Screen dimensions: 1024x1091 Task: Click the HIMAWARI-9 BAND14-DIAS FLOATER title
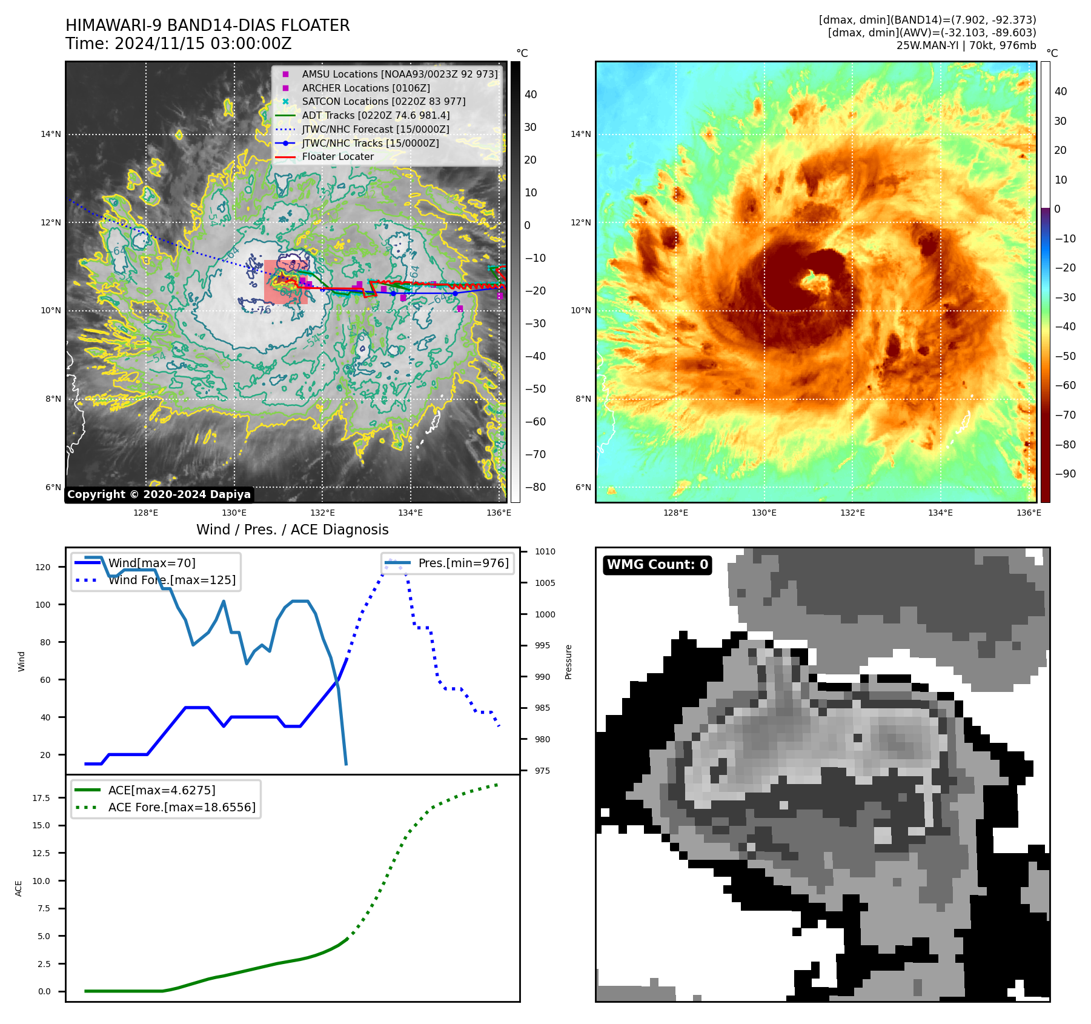tap(207, 25)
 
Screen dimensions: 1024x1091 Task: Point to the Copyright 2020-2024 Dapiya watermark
tap(159, 494)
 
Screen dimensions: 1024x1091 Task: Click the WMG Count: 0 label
tap(657, 565)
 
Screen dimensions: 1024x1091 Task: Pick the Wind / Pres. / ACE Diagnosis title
tap(292, 530)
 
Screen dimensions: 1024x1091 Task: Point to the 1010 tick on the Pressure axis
tap(545, 551)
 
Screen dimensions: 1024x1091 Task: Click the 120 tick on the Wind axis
tap(43, 567)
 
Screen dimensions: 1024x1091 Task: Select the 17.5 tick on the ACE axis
tap(41, 798)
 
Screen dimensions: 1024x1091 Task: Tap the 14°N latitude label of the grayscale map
tap(51, 134)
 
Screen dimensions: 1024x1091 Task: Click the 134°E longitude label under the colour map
tap(940, 513)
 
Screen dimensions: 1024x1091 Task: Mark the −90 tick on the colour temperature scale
tap(1065, 474)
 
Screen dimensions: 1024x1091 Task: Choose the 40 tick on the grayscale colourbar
tap(531, 95)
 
